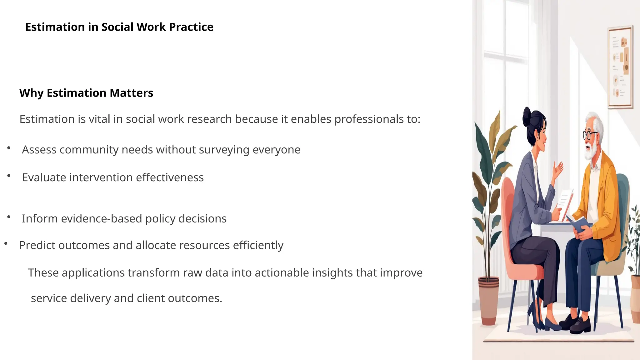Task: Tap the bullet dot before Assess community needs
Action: click(x=9, y=148)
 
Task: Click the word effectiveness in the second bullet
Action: click(x=170, y=177)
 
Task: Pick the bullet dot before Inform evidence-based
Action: click(x=9, y=217)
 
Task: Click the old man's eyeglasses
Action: click(x=589, y=135)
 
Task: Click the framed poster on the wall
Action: click(x=620, y=67)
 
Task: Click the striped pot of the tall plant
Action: click(x=488, y=300)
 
